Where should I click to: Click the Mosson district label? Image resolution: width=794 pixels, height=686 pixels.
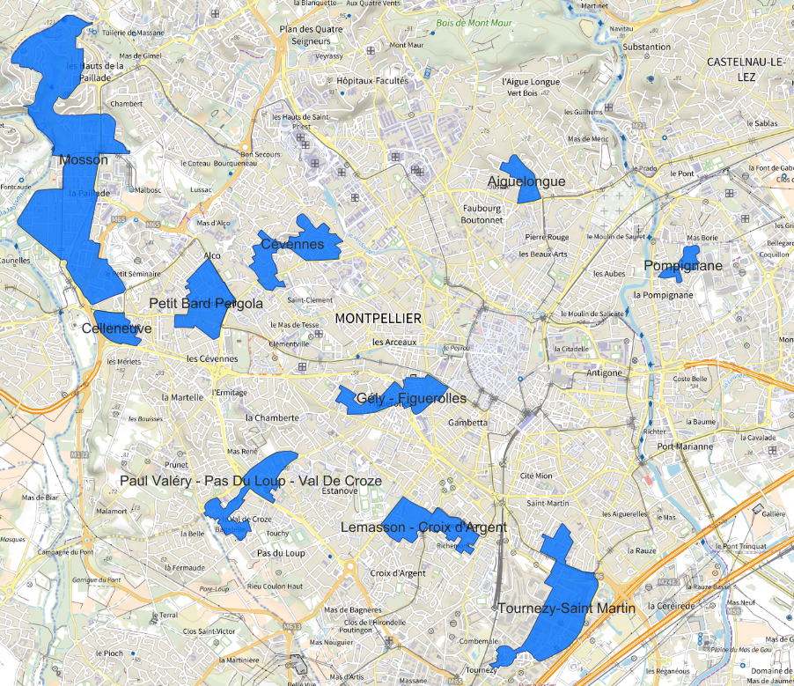click(x=85, y=160)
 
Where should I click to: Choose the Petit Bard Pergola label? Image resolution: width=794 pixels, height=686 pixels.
click(x=206, y=304)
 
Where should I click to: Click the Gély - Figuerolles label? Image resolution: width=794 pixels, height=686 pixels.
click(x=411, y=399)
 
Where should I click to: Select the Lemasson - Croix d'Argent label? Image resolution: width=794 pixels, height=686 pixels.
click(x=423, y=527)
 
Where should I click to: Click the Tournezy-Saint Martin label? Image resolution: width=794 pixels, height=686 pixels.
click(x=566, y=609)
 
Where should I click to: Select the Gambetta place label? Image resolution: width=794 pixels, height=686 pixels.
click(x=467, y=423)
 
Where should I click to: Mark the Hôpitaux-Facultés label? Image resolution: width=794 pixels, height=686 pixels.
click(x=372, y=80)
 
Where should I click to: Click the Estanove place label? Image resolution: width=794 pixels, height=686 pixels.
click(x=340, y=491)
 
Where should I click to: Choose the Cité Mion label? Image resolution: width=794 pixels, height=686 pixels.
click(x=536, y=476)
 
